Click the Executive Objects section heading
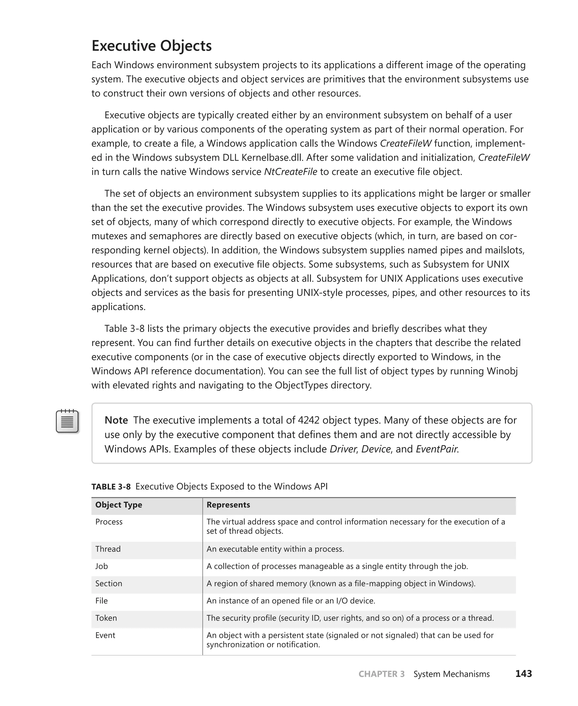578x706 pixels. [x=152, y=46]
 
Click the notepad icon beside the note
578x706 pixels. [x=67, y=421]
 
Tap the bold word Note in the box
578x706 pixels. [x=116, y=420]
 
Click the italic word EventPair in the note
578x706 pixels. [x=437, y=449]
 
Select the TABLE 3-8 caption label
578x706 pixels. [x=111, y=487]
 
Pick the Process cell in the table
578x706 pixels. [x=109, y=522]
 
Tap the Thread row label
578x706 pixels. [x=108, y=549]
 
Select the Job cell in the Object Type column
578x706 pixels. [x=102, y=566]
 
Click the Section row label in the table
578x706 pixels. [x=109, y=583]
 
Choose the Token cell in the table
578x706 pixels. [x=106, y=618]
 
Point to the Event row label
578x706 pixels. [x=105, y=635]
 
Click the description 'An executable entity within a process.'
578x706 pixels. [x=275, y=549]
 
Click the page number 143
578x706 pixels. [x=524, y=674]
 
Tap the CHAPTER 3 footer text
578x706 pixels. [x=382, y=674]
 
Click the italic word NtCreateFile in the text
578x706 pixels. [x=290, y=172]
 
